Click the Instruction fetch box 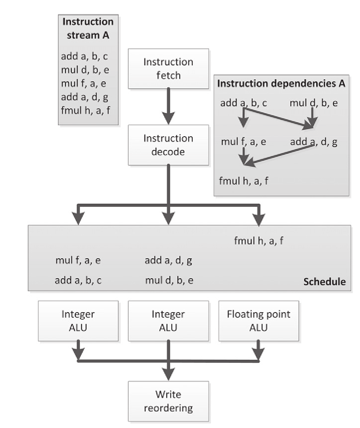pos(168,69)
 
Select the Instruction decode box pos(168,145)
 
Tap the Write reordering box pos(168,401)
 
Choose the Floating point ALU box pos(258,320)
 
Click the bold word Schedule pos(324,282)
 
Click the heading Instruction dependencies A pos(281,83)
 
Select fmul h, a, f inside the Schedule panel pos(259,239)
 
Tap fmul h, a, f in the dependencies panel pos(243,181)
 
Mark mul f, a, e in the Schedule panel pos(78,260)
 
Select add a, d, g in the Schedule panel pos(168,260)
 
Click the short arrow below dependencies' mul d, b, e pos(312,121)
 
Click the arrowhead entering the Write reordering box pos(168,376)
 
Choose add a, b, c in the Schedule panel pos(78,280)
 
